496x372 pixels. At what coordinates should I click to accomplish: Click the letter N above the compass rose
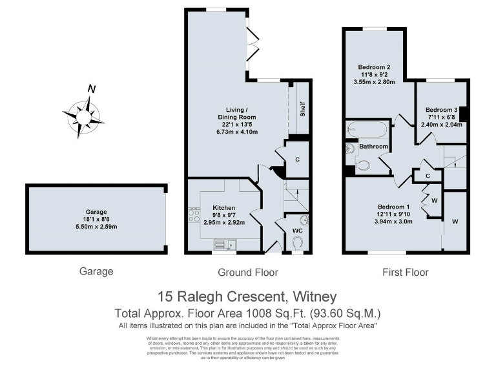pos(92,89)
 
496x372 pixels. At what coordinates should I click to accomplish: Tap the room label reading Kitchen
pos(224,207)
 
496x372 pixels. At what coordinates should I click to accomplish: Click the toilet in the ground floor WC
pos(298,243)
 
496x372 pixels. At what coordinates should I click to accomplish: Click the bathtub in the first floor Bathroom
pos(366,130)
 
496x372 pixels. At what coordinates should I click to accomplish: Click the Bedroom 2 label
pos(374,67)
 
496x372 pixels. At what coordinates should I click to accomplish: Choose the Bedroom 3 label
pos(441,110)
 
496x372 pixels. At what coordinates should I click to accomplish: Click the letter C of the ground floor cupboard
pos(297,159)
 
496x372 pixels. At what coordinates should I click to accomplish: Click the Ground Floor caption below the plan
pos(248,272)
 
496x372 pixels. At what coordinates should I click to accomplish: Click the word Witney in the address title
pos(313,297)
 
